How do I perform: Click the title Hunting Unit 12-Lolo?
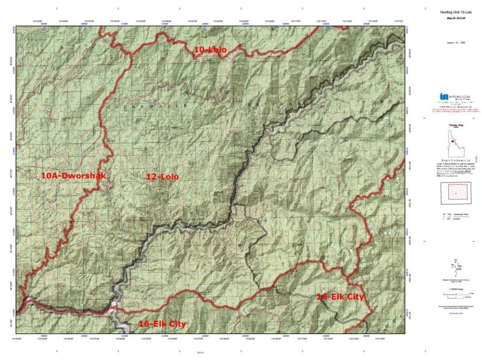456,13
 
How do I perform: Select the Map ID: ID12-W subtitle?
456,19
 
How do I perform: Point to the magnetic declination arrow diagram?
456,265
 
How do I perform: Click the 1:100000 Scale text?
456,290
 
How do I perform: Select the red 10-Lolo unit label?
210,51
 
